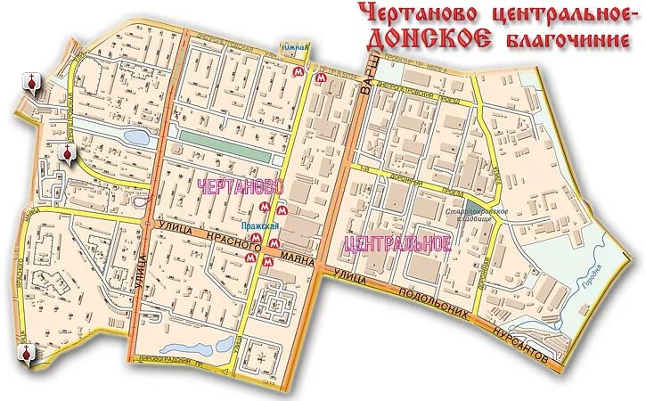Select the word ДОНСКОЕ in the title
pos(429,37)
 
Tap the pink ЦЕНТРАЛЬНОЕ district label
pos(397,243)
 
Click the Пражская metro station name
pos(264,226)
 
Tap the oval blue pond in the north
pos(136,137)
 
